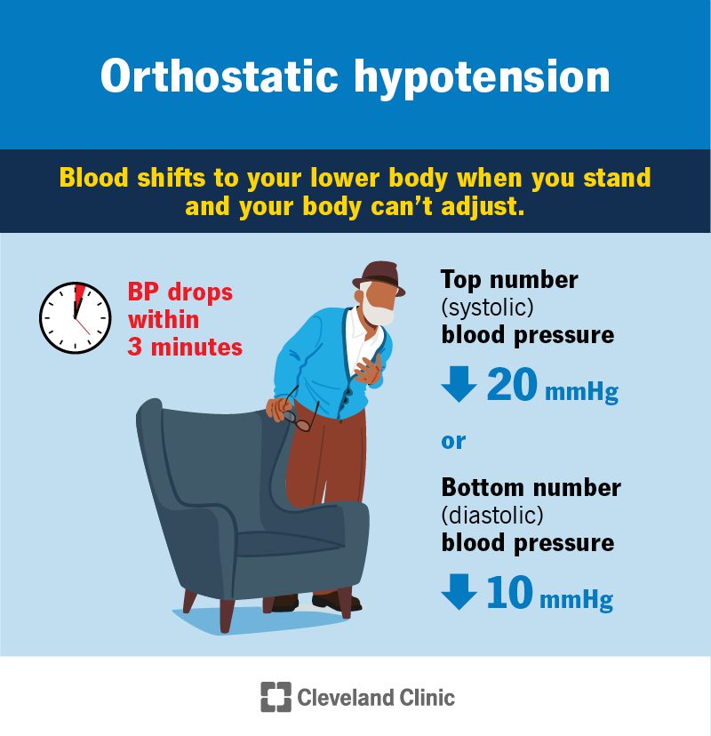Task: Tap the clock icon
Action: tap(76, 318)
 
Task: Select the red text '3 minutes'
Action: tap(185, 346)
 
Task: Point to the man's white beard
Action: tap(379, 311)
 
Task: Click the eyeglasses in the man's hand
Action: tap(302, 417)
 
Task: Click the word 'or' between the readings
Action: tap(453, 441)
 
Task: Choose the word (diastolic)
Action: tap(491, 515)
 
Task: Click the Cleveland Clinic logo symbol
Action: tap(276, 697)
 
